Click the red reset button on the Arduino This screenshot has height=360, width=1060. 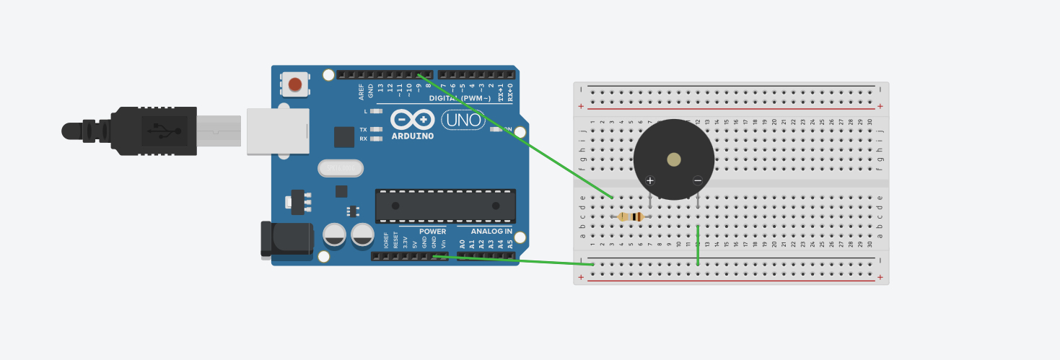[x=295, y=84]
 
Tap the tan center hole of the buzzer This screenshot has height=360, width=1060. [x=674, y=159]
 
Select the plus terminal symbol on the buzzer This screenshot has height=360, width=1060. [x=650, y=180]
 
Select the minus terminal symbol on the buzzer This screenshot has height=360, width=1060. [x=698, y=180]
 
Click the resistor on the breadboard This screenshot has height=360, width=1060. [x=631, y=216]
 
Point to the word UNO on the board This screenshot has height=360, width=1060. [x=463, y=120]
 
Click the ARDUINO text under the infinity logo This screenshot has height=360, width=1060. [x=413, y=136]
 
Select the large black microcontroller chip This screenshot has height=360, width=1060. [x=445, y=206]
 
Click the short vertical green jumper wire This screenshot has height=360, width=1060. [x=698, y=245]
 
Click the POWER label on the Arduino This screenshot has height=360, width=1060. [x=433, y=232]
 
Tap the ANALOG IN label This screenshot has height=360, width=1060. [x=491, y=232]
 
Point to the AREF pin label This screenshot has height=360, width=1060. [x=362, y=91]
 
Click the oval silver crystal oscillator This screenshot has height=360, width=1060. [x=341, y=168]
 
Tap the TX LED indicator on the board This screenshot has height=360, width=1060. [x=375, y=130]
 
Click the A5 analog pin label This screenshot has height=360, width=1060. [x=510, y=245]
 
